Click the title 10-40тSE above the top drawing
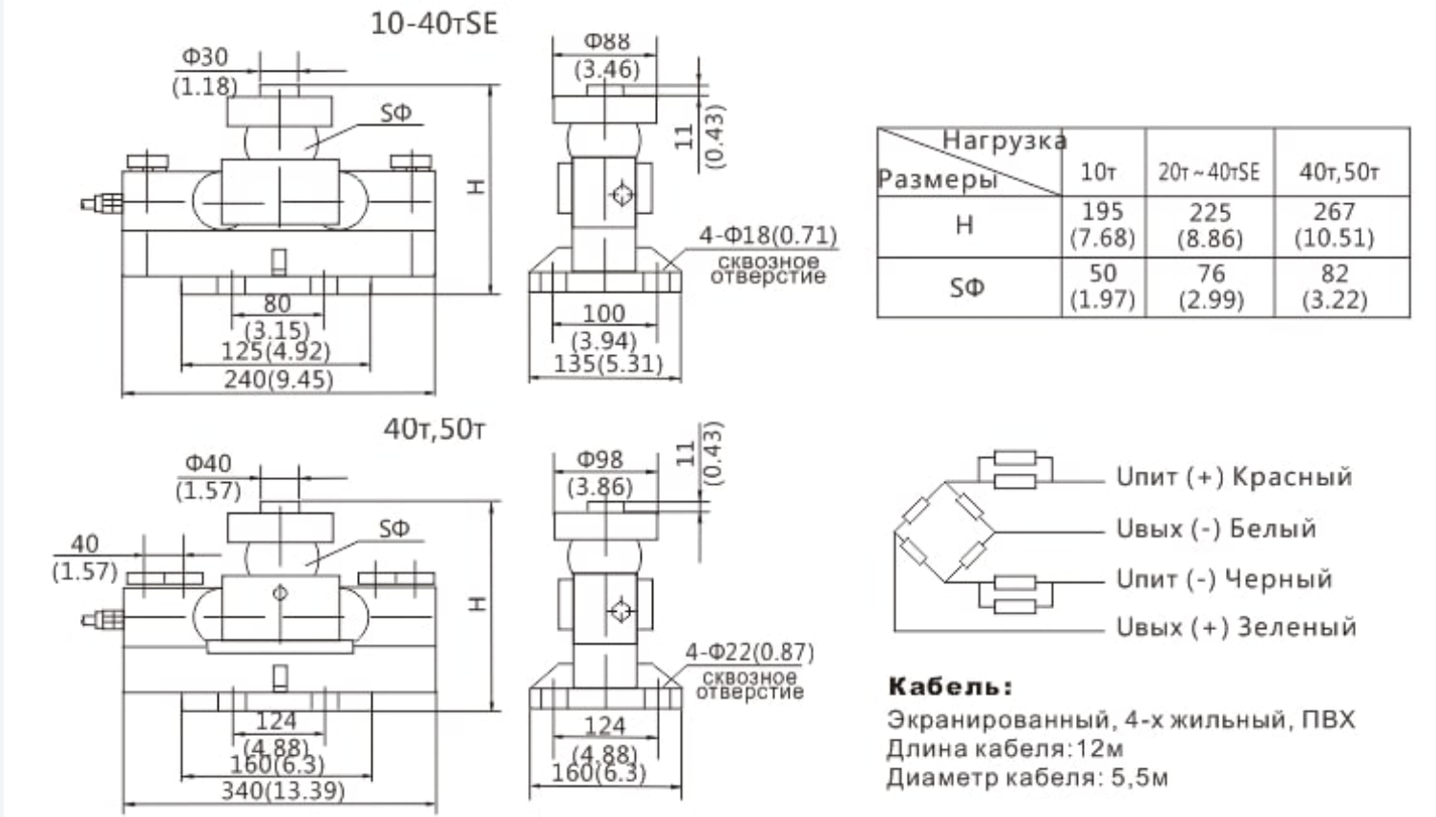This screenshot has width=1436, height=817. pos(434,23)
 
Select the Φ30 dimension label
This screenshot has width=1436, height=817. pos(205,57)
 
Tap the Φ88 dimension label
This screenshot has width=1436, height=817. pos(607,41)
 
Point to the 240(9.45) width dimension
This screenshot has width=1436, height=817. pos(279,380)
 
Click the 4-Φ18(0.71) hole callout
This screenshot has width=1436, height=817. pos(768,235)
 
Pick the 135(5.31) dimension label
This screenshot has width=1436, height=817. pos(608,365)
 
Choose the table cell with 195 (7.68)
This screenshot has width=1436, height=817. pos(1103,225)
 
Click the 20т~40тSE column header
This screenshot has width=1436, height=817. pos(1209,172)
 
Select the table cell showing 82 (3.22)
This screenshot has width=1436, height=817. pos(1334,286)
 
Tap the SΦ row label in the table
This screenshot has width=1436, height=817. pos(966,286)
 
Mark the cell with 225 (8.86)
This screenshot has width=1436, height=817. pos(1210,225)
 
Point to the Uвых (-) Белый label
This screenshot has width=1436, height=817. pos(1215,529)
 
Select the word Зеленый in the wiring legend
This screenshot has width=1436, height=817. pos(1297,628)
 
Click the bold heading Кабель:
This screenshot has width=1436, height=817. pos(950,686)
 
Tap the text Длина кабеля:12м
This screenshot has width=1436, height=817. pos(1004,748)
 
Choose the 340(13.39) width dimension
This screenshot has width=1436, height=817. pos(283,790)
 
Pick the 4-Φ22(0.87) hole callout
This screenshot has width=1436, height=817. pos(750,653)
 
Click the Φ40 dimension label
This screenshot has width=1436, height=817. pos(208,464)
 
